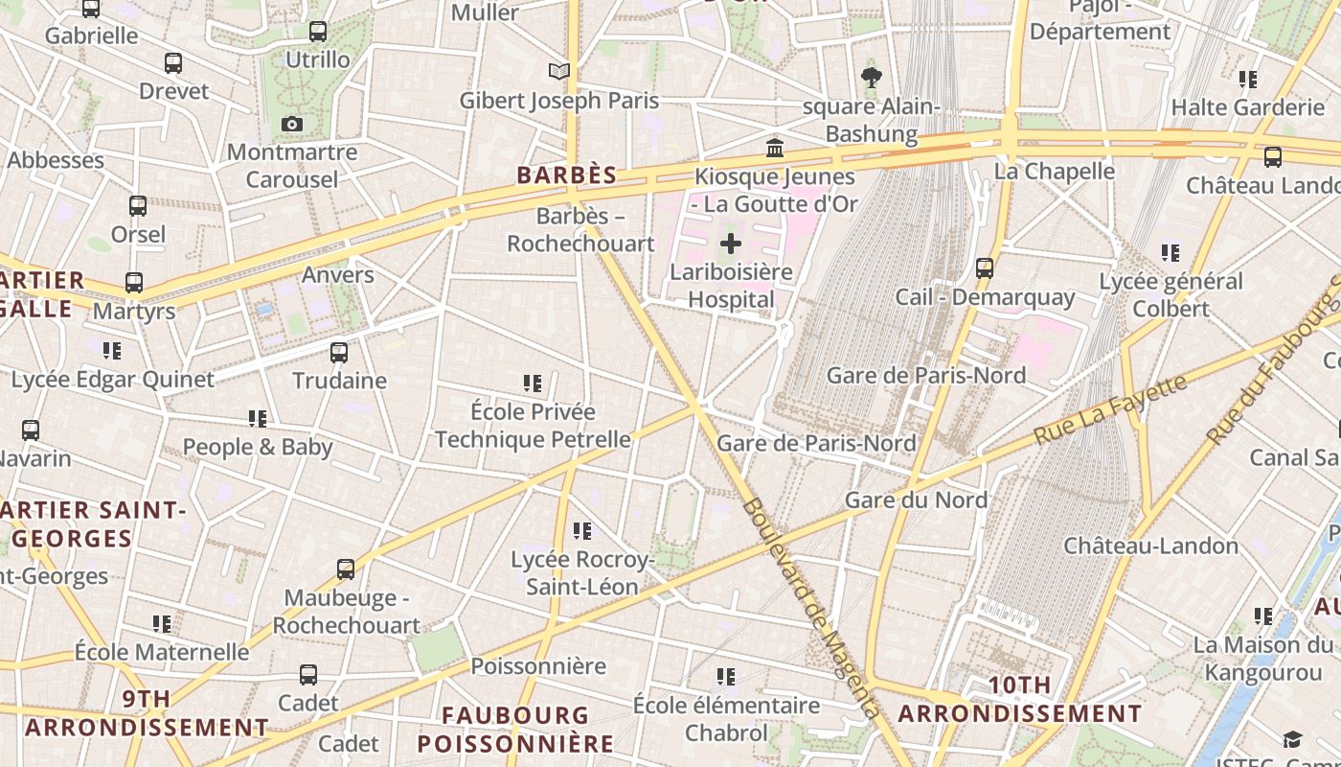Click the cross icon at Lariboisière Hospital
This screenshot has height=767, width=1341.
click(x=731, y=244)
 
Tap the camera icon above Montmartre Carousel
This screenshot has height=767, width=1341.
click(x=292, y=124)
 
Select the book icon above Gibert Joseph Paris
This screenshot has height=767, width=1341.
click(x=559, y=71)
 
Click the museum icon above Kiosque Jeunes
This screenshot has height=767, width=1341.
click(x=775, y=149)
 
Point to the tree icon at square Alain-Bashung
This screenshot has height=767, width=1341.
click(x=871, y=78)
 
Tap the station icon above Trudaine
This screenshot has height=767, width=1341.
click(x=339, y=352)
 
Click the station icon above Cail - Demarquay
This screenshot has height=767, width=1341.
click(x=985, y=268)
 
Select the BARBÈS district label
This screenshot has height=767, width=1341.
click(x=567, y=175)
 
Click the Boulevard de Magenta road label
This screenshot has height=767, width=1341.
click(x=810, y=609)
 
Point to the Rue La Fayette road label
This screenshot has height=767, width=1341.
click(x=1111, y=409)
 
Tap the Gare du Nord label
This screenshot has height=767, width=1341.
click(x=916, y=500)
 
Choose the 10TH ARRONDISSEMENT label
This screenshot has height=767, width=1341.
click(x=1020, y=700)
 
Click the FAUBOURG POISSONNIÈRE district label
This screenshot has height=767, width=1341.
click(x=515, y=729)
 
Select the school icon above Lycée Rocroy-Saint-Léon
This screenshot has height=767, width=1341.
click(x=582, y=530)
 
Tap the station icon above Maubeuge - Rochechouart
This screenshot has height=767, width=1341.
click(x=346, y=569)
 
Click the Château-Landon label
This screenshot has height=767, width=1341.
click(x=1151, y=546)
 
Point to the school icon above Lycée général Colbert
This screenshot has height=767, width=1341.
click(x=1171, y=253)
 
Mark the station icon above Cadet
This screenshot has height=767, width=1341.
click(x=308, y=675)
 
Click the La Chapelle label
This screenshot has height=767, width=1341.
click(x=1055, y=171)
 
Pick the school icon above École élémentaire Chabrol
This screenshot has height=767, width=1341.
click(x=726, y=677)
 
